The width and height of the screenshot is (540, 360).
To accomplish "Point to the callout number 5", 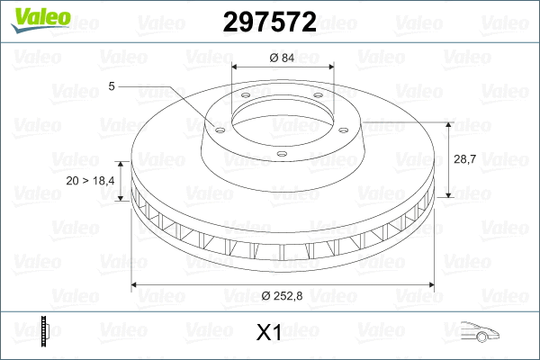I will point(112,85).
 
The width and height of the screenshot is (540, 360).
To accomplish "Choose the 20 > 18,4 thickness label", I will point(91,181).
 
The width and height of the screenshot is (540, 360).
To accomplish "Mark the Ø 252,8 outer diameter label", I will point(283,296).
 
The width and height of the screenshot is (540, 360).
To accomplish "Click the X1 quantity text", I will point(269,333).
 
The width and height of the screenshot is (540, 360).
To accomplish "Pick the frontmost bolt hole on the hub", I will point(282,153).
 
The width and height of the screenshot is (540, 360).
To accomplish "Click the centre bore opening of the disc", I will point(283,115).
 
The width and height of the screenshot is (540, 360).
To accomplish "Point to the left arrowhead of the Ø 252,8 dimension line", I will point(136,285).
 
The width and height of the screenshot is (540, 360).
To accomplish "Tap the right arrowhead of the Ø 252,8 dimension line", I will point(429,285).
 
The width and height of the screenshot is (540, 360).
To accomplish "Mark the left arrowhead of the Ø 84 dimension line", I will point(235,67).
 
